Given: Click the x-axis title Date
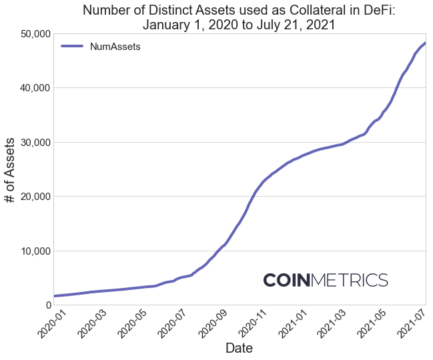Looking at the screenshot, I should click(239, 348).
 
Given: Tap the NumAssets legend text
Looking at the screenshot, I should click(115, 47).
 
